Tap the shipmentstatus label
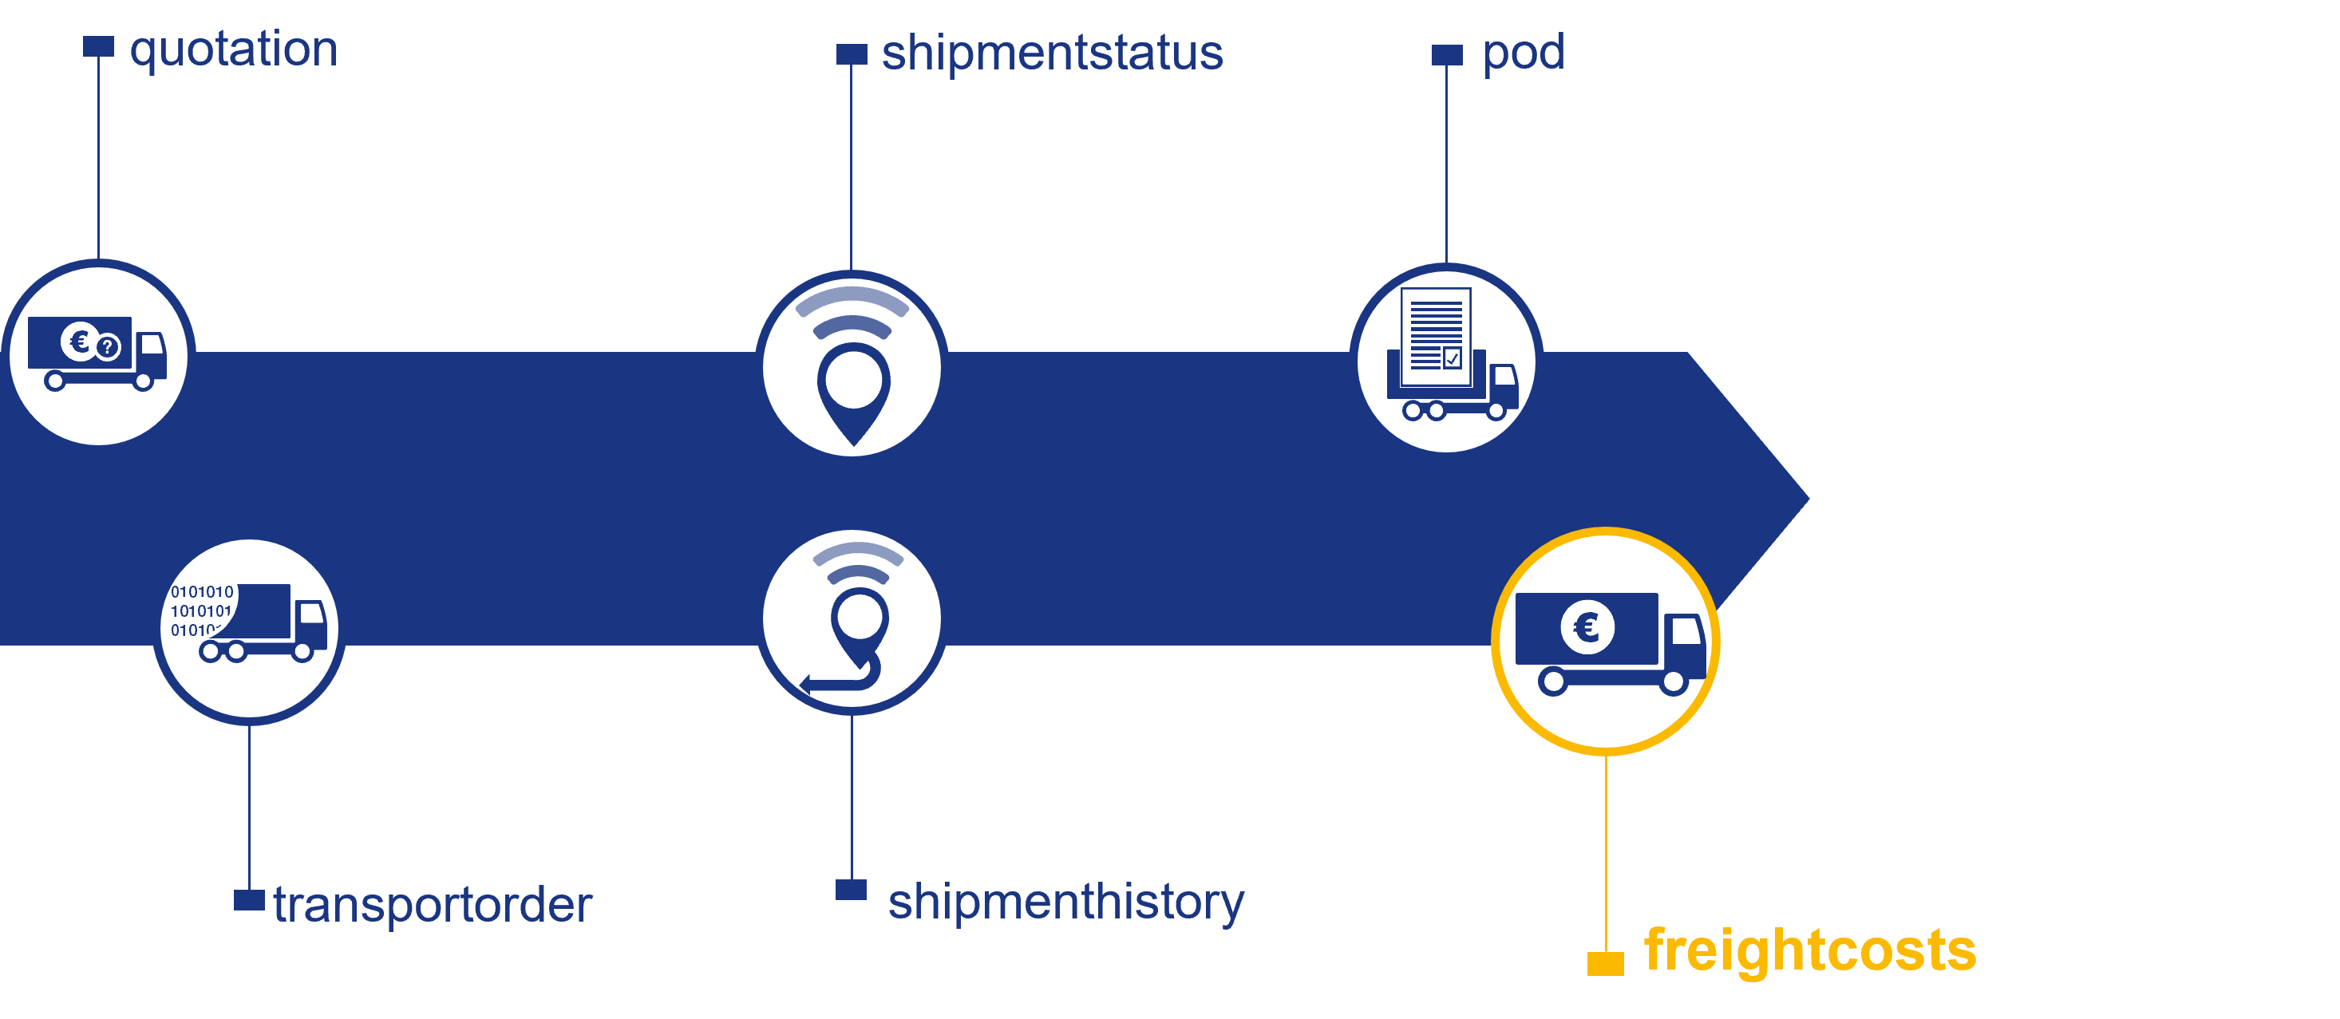click(1052, 53)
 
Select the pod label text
click(1524, 53)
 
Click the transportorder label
click(433, 905)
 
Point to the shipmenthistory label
click(1065, 902)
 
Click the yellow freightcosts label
click(1809, 950)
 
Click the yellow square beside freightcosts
click(1605, 962)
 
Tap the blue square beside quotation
click(98, 46)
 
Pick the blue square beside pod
click(1447, 54)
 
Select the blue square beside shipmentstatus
click(851, 53)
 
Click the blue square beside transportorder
click(249, 899)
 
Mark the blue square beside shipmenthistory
click(851, 889)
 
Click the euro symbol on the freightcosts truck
click(1587, 626)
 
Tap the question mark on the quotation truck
click(108, 346)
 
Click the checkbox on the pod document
click(1452, 357)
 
